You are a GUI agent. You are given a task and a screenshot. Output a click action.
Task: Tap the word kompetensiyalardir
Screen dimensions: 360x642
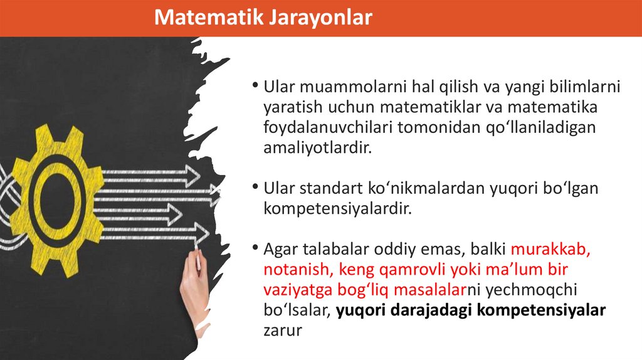(x=337, y=208)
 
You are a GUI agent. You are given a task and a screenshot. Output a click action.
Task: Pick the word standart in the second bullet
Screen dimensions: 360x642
(x=332, y=188)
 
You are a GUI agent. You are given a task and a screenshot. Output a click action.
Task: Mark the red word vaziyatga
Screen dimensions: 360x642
(x=296, y=290)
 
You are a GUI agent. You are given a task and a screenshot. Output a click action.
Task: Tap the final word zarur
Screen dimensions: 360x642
(x=283, y=331)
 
